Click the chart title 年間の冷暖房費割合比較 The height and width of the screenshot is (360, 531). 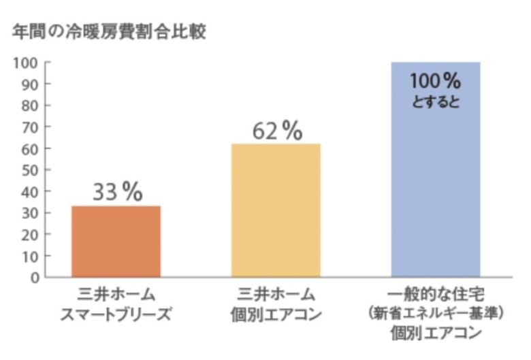point(109,32)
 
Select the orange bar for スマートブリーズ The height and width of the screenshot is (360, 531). point(116,241)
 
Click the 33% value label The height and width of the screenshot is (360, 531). point(117,193)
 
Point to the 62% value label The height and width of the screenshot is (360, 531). point(276,131)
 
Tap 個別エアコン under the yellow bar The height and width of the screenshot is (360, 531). point(276,315)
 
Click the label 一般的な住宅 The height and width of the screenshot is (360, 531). point(436,295)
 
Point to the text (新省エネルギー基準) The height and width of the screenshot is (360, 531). point(436,314)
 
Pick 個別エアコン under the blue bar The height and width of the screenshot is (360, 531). point(436,334)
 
